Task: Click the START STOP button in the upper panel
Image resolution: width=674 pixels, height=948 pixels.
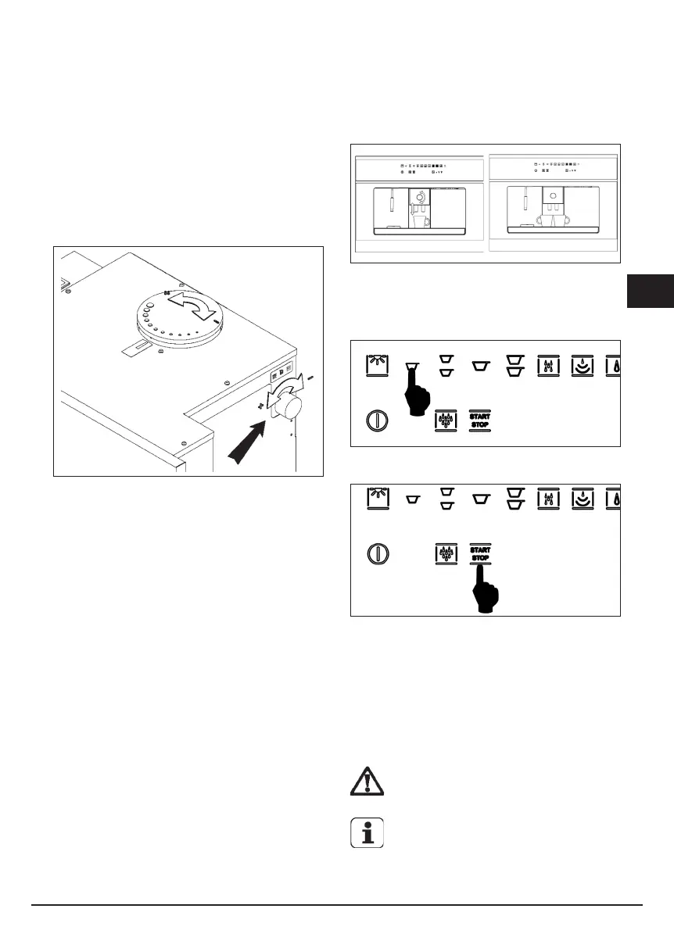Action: tap(480, 420)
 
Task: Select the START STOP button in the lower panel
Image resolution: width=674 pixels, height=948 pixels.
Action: tap(480, 554)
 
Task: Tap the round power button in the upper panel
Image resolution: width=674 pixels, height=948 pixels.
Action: tap(377, 420)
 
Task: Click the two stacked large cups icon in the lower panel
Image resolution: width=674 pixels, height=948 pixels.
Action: tap(514, 499)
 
